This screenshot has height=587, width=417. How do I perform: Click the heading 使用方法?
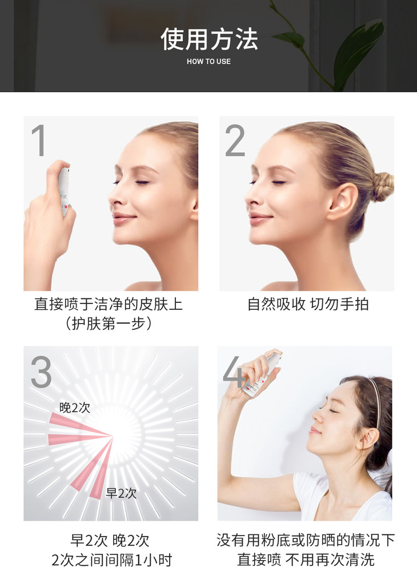coord(209,39)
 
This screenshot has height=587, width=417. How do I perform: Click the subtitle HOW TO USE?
coord(209,61)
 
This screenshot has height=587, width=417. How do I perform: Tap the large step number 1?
coord(39,141)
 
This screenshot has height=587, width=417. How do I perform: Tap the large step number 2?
coord(235,141)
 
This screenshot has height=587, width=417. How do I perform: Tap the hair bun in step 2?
coord(382,186)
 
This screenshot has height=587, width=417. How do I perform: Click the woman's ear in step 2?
coord(343,202)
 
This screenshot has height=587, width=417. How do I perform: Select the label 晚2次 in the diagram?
coord(75,408)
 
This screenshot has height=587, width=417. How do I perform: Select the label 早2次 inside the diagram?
coord(121,493)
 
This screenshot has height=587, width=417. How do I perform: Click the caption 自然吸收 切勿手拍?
coord(308,304)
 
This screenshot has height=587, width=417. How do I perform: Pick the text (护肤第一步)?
coord(109,323)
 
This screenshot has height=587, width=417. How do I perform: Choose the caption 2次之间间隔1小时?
coord(111,560)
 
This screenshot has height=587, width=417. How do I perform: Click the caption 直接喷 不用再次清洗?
coord(306,560)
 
